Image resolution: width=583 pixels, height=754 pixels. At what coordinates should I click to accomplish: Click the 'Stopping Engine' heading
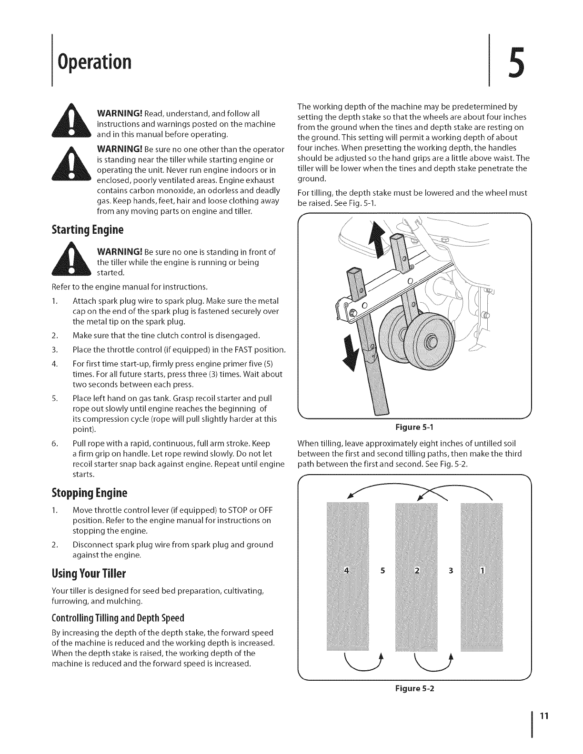(90, 492)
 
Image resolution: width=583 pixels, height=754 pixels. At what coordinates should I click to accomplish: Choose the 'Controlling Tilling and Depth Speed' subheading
(117, 618)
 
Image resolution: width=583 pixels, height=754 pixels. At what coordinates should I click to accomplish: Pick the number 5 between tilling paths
(382, 571)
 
